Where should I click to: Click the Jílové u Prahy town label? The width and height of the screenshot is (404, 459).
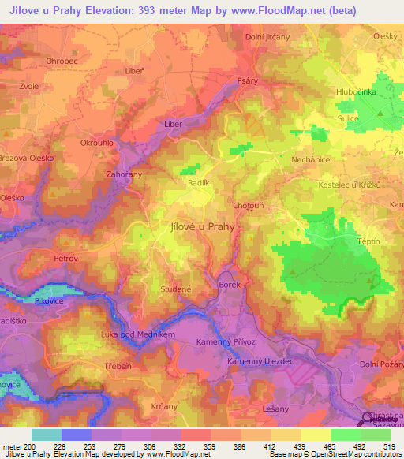point(202,226)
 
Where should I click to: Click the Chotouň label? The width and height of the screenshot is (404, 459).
point(249,205)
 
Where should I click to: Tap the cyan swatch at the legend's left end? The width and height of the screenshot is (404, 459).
point(46,435)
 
